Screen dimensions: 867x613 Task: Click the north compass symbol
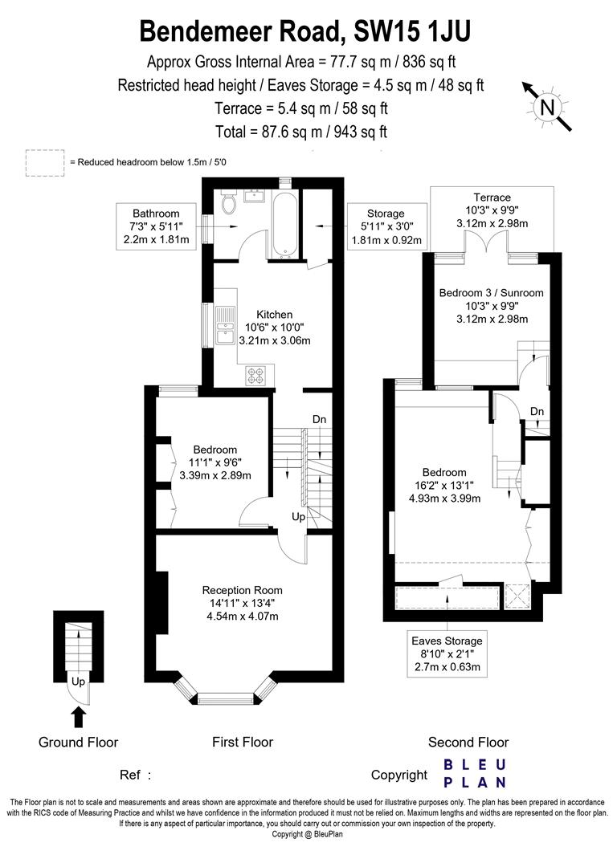click(547, 106)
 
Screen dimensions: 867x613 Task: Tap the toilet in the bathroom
click(229, 205)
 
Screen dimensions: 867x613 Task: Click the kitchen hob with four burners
click(260, 373)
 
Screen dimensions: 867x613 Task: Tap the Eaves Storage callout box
click(447, 653)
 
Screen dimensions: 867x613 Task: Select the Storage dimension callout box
click(386, 226)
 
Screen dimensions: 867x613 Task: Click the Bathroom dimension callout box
click(156, 226)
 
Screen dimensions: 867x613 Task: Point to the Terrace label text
click(492, 197)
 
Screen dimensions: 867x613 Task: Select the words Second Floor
click(468, 743)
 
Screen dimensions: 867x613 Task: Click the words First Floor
click(243, 743)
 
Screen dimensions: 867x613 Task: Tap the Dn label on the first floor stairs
click(319, 419)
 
